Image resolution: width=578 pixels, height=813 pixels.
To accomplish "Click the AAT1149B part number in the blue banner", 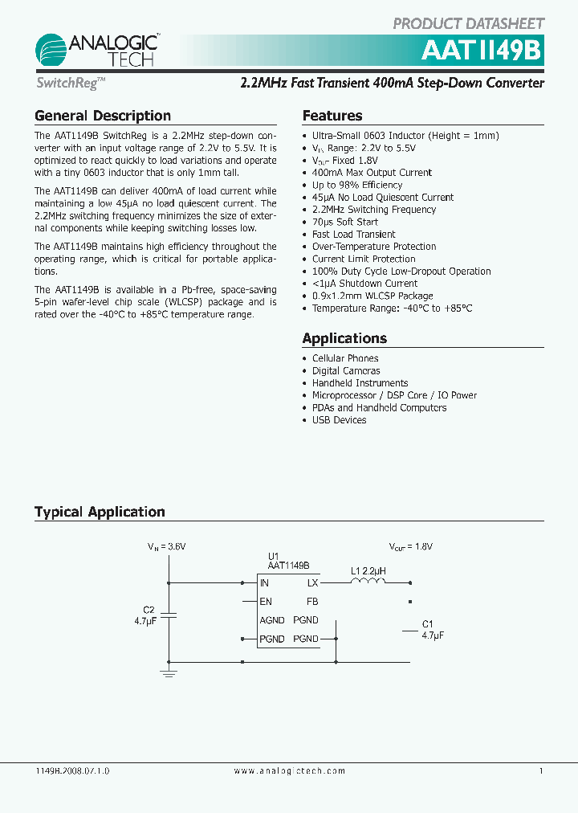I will (x=483, y=51).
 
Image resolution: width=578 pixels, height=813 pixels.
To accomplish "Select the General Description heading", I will (x=103, y=116).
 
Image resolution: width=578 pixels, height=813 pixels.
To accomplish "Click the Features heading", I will (x=332, y=116).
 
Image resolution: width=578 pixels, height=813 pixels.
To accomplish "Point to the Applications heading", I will (x=344, y=338).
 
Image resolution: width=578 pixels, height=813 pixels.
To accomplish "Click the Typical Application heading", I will (x=100, y=512).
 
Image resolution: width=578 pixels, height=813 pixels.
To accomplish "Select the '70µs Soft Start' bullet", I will (x=344, y=222).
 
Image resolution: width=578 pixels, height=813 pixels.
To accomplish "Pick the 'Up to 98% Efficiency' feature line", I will (x=356, y=185).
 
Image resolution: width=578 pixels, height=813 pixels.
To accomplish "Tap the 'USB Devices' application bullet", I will (x=339, y=420).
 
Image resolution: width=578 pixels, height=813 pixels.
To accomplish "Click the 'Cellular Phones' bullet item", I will (x=345, y=358).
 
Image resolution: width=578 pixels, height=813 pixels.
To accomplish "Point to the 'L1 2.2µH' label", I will (x=368, y=571).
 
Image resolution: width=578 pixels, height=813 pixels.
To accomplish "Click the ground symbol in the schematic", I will (x=169, y=672).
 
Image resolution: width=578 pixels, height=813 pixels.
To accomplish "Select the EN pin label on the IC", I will (x=266, y=602).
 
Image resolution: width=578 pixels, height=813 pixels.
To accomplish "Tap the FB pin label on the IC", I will (x=312, y=602).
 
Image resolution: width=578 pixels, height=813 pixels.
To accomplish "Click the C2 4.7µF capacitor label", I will (x=145, y=615).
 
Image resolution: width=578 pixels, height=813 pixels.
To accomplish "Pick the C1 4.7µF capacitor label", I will (x=432, y=629).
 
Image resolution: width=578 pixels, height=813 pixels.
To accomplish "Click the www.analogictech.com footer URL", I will (x=290, y=770).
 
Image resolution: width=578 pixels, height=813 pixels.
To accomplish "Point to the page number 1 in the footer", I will (x=541, y=770).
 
